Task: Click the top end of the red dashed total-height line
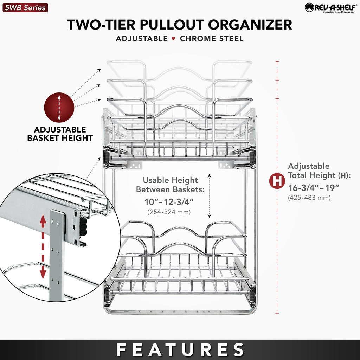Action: coord(277,62)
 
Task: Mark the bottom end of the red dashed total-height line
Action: coord(277,313)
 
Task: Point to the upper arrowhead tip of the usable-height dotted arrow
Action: coord(210,174)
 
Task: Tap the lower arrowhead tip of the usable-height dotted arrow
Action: coord(210,217)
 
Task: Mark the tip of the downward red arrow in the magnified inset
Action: coord(43,278)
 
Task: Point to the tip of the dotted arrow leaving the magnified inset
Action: coord(100,157)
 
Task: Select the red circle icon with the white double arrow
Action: coord(59,108)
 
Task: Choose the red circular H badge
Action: coord(277,181)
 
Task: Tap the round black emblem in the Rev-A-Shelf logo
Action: coord(309,8)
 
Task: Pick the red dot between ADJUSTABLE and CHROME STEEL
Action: coord(174,38)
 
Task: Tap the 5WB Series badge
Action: coord(25,8)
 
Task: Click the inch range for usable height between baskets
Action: coord(169,202)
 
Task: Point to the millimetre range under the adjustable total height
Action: coord(309,198)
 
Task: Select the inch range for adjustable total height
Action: coord(314,188)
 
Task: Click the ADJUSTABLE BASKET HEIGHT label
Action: coord(60,134)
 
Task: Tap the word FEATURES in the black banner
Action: coord(180,350)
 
